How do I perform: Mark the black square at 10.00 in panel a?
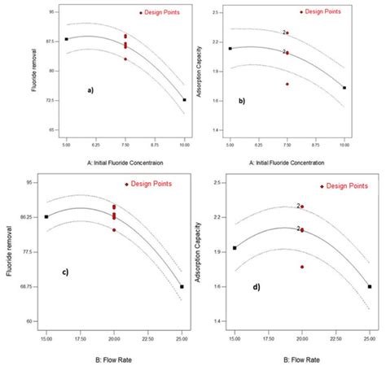point(184,100)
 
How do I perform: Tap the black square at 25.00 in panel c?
point(182,287)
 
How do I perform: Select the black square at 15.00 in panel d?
point(235,248)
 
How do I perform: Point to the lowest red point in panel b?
point(287,84)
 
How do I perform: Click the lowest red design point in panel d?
point(302,267)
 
